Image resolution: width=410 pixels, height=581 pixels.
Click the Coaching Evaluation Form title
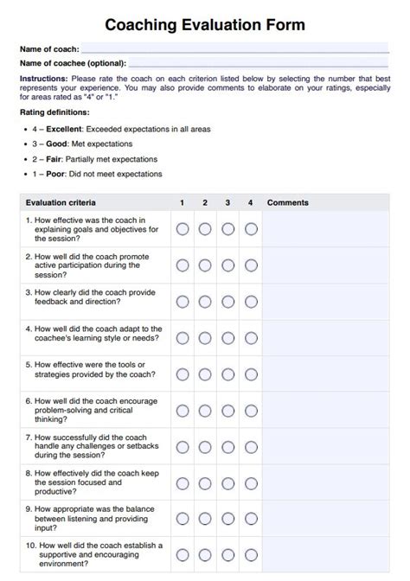click(x=204, y=25)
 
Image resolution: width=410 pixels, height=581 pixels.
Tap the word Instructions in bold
click(x=42, y=78)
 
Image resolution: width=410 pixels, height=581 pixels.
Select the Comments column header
click(x=287, y=203)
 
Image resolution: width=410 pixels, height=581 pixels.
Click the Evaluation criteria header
click(x=61, y=203)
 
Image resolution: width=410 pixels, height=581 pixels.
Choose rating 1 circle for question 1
click(x=183, y=229)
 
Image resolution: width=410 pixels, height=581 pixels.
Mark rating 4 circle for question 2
click(x=251, y=265)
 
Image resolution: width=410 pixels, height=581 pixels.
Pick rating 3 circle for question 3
click(x=228, y=302)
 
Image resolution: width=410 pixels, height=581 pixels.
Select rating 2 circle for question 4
click(x=205, y=338)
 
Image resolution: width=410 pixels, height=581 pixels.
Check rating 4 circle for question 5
click(x=251, y=374)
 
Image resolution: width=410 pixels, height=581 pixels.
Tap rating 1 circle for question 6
click(x=183, y=411)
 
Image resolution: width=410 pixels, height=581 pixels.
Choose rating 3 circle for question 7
click(x=228, y=447)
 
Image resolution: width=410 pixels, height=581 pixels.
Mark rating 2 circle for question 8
click(x=205, y=483)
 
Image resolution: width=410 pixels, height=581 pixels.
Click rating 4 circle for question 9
click(x=251, y=520)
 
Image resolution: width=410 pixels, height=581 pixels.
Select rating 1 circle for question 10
click(x=183, y=555)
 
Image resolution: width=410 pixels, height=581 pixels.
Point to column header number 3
click(x=227, y=203)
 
